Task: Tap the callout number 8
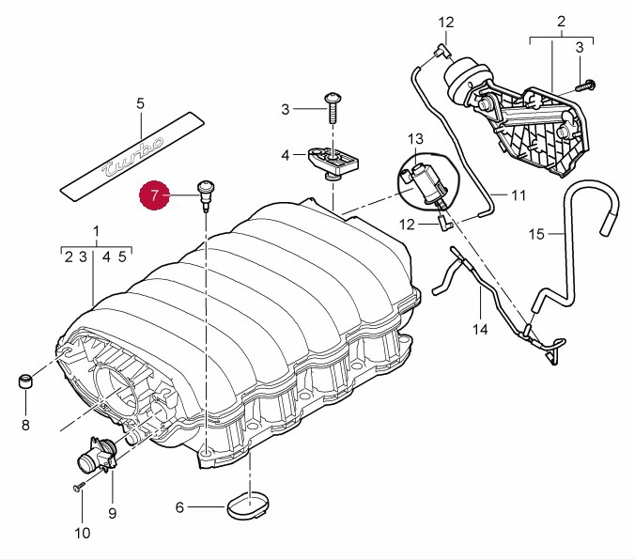25,425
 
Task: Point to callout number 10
81,533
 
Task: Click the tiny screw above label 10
78,488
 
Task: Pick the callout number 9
112,513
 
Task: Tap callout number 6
179,508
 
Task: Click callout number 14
481,330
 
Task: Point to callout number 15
536,233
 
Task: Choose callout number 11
519,195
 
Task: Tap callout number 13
416,139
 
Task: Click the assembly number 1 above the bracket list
95,231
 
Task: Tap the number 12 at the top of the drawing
445,22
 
